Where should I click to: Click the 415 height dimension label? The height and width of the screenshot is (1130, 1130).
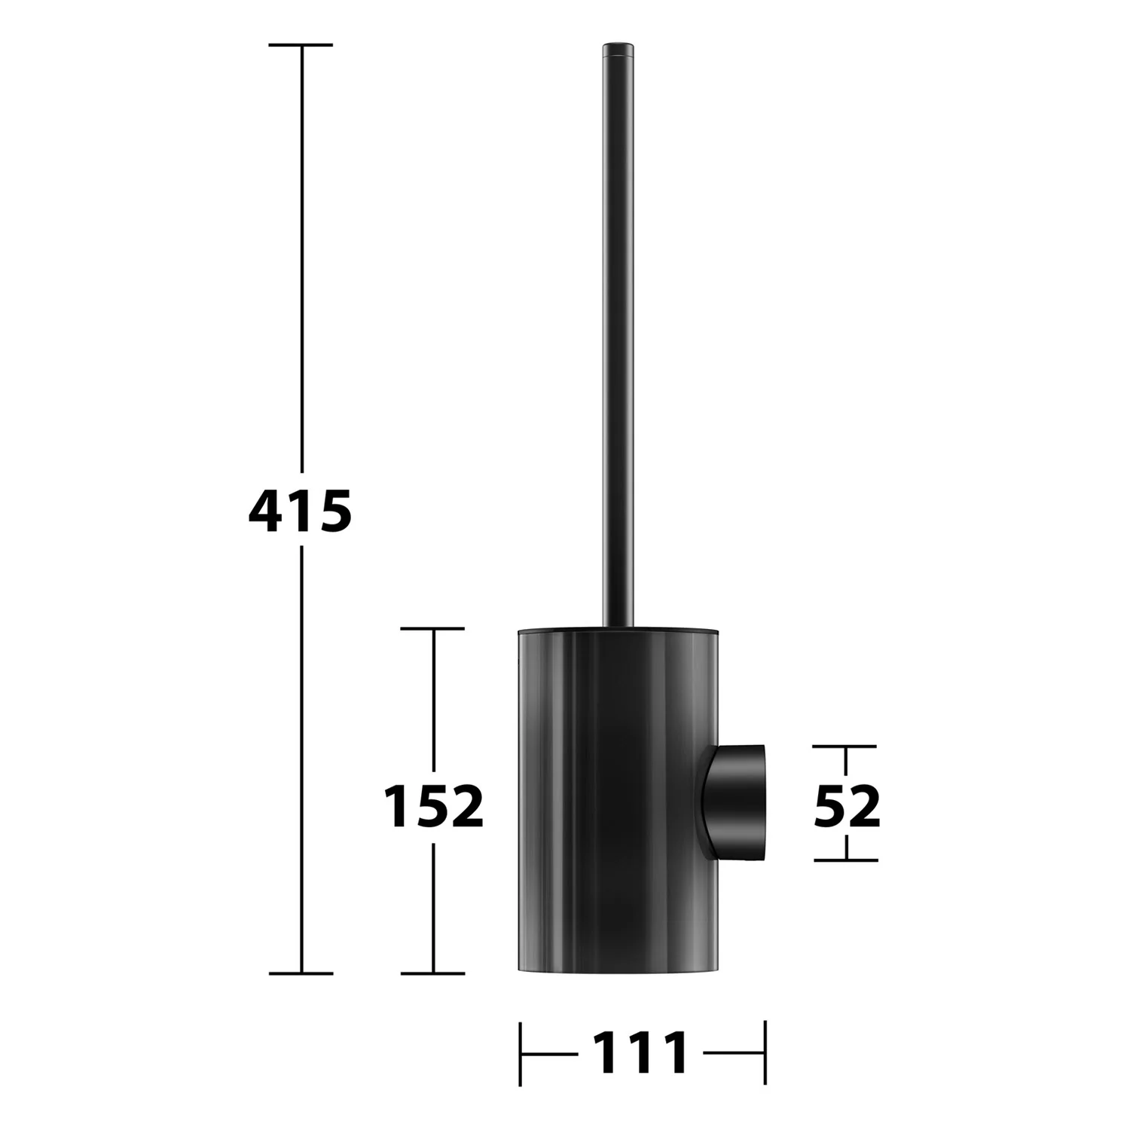301,511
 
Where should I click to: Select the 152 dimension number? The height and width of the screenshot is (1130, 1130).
433,805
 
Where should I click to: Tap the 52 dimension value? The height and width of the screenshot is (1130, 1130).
847,805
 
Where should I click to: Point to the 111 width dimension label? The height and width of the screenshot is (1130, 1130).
640,1052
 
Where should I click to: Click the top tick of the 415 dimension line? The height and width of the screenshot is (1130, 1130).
301,45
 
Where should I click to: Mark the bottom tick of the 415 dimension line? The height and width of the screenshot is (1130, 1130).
301,973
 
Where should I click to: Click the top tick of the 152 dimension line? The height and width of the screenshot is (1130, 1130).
433,628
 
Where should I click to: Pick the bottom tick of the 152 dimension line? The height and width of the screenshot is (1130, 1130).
433,973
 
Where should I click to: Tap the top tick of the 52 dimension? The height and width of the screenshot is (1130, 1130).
845,747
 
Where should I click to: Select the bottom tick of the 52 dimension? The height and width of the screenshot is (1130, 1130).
845,860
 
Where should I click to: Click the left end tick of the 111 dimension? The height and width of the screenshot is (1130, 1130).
521,1052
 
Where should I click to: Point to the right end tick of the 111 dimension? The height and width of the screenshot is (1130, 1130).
765,1052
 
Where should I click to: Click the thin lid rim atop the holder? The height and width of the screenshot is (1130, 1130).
618,629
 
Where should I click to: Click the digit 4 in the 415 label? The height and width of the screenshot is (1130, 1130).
264,511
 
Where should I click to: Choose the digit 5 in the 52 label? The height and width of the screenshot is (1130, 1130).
829,805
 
